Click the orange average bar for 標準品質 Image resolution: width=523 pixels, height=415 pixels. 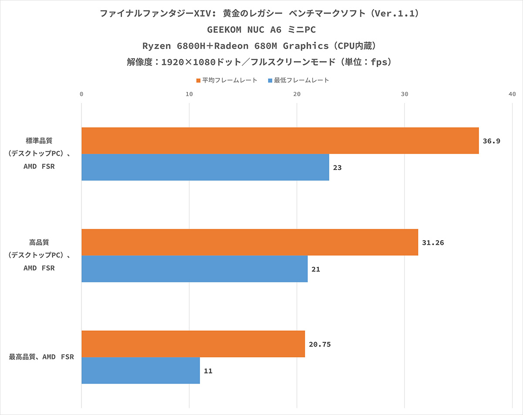pyautogui.click(x=280, y=141)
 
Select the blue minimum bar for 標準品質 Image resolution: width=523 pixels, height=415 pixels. pyautogui.click(x=205, y=167)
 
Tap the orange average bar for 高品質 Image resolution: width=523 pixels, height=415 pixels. pyautogui.click(x=249, y=242)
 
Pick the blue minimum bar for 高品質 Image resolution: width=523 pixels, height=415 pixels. pyautogui.click(x=194, y=269)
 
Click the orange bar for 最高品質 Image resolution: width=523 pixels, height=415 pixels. pyautogui.click(x=193, y=344)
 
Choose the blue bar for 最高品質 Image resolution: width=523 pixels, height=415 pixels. pyautogui.click(x=140, y=371)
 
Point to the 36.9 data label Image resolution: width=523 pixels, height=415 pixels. pyautogui.click(x=491, y=141)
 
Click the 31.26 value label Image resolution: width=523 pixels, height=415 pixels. pyautogui.click(x=433, y=242)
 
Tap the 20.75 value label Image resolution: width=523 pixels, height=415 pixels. pyautogui.click(x=320, y=344)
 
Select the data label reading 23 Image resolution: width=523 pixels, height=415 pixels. pyautogui.click(x=337, y=167)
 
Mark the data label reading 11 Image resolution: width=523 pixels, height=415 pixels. pyautogui.click(x=208, y=371)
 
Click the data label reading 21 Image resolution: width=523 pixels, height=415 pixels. pyautogui.click(x=316, y=269)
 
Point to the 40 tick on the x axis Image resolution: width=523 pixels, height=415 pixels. pyautogui.click(x=512, y=94)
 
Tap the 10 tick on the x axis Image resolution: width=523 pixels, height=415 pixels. pyautogui.click(x=189, y=94)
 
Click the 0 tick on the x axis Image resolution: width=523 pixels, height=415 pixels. pyautogui.click(x=82, y=94)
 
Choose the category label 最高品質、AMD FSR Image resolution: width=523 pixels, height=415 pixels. pyautogui.click(x=41, y=357)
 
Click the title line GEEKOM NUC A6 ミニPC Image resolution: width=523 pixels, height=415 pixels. pyautogui.click(x=261, y=30)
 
